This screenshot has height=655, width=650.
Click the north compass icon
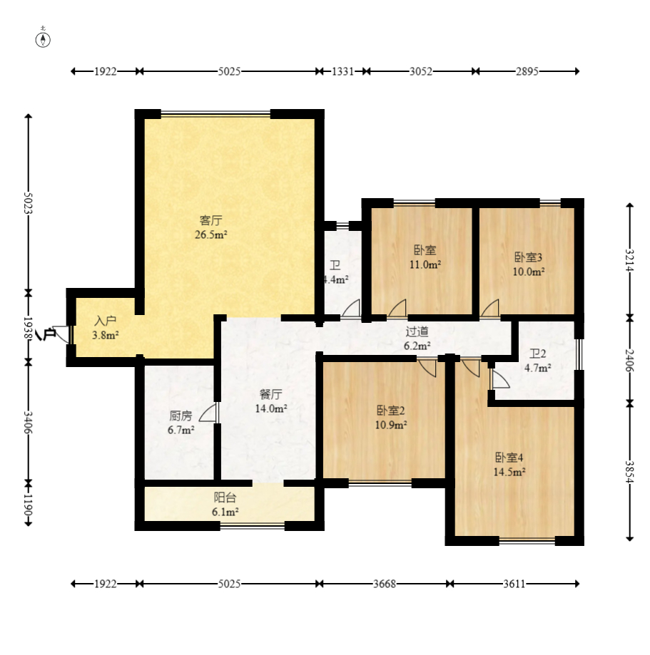click(43, 39)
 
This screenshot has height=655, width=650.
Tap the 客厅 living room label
click(210, 220)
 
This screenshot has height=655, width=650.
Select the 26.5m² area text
click(210, 234)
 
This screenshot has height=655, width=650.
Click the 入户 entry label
click(106, 321)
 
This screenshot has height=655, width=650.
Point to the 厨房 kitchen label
click(181, 416)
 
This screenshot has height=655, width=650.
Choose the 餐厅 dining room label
click(271, 394)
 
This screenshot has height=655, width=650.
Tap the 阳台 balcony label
click(225, 497)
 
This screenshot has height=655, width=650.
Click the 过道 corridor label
click(417, 331)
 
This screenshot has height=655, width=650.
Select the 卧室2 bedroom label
click(391, 411)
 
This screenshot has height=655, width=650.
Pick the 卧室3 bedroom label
click(528, 257)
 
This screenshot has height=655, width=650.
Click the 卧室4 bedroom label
click(509, 458)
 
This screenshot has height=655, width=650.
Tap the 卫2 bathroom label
click(537, 354)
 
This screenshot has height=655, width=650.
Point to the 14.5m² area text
click(509, 472)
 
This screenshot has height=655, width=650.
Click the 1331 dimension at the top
click(342, 71)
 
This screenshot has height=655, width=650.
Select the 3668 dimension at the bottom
click(385, 584)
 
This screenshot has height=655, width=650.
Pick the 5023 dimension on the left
click(28, 203)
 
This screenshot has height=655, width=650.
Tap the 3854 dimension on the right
click(629, 472)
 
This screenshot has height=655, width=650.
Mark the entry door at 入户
click(62, 334)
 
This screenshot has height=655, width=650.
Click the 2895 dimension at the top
click(527, 71)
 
